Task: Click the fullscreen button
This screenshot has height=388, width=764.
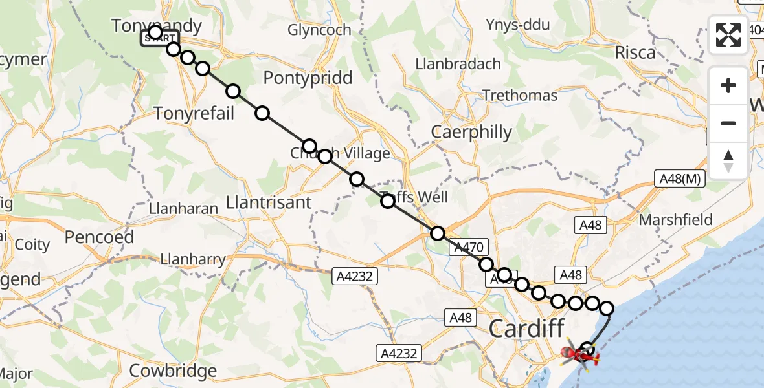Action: (x=728, y=35)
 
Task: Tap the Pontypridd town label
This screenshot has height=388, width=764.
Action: (x=308, y=78)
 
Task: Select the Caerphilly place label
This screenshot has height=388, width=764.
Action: (x=472, y=132)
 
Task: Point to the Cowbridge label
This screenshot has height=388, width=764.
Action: (x=173, y=371)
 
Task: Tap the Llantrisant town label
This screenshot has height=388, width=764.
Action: (x=269, y=202)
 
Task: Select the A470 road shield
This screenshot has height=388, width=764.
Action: (x=467, y=246)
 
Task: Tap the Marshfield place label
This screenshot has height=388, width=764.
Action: (x=675, y=220)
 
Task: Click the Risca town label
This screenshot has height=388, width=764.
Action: (x=635, y=53)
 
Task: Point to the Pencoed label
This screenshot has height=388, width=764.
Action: (x=99, y=237)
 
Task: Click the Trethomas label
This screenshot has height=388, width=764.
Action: (x=520, y=96)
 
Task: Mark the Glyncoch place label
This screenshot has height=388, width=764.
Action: (x=319, y=30)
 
